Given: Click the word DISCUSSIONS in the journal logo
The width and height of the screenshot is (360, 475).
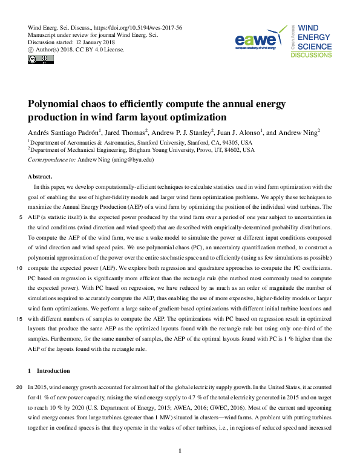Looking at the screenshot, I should pos(311,55).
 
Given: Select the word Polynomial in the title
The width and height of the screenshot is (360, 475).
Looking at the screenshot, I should pos(57,104).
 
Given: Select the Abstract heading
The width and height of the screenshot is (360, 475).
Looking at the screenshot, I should pos(41,177).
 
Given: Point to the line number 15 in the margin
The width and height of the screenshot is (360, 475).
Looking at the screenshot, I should pos(21,319).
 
